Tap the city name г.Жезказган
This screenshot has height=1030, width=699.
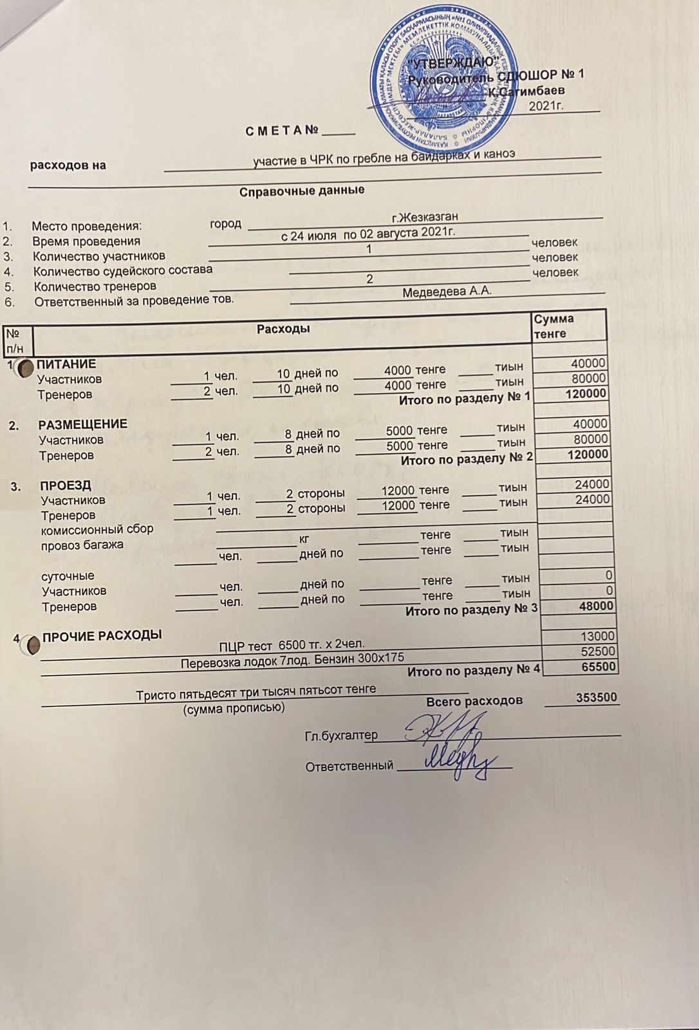pos(425,217)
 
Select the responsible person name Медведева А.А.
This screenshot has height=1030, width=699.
pos(447,292)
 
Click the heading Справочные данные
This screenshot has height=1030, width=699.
pos(302,191)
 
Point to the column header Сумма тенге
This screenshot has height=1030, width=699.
pos(553,326)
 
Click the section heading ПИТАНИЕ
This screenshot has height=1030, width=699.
pos(66,364)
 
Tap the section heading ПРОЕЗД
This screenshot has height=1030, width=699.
pos(66,485)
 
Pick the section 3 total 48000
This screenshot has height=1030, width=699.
pos(596,606)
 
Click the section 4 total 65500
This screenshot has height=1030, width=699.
pos(599,667)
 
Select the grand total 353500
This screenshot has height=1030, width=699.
pos(596,698)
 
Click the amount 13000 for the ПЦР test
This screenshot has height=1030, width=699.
pos(598,637)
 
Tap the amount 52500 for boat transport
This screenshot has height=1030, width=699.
pos(598,651)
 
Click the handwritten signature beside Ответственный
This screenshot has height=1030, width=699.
pos(460,760)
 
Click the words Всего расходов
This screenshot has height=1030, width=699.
pos(474,701)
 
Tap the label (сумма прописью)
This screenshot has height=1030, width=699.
pos(234,708)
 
